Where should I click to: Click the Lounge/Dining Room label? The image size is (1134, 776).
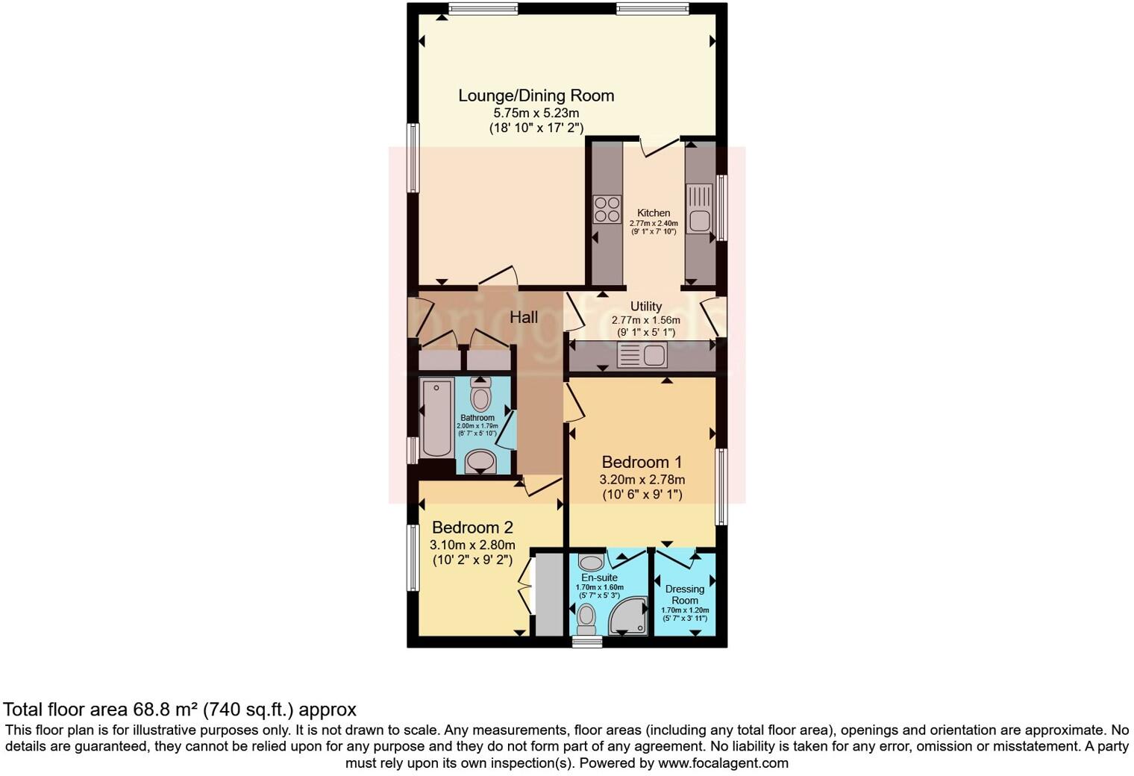pos(536,96)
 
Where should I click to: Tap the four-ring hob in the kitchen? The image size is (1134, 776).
pos(606,208)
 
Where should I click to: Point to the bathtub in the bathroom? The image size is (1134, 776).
pos(436,418)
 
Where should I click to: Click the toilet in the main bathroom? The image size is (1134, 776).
pos(481,395)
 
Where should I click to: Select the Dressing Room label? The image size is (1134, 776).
pos(685,594)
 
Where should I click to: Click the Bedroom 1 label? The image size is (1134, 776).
pos(642,462)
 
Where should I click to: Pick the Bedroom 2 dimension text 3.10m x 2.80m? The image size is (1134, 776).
pos(472,545)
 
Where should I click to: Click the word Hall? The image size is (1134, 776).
pos(524,317)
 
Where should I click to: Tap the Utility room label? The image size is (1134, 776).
pos(645,306)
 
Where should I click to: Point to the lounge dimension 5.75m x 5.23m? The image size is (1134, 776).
pos(536,113)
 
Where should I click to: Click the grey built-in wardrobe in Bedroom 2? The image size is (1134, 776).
pos(549,593)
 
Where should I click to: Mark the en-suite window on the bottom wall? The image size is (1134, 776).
pos(586,641)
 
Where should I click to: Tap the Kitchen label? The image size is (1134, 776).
pos(654,213)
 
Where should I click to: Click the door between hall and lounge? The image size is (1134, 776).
pos(498,279)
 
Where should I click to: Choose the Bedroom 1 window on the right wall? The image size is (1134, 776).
pos(721,486)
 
